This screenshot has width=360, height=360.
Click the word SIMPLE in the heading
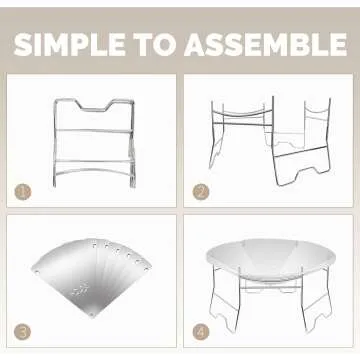(70, 45)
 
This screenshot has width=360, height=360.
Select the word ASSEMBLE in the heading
(266, 45)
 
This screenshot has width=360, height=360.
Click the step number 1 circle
(23, 192)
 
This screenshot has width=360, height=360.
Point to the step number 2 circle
(201, 192)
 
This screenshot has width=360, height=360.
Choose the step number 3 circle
(23, 332)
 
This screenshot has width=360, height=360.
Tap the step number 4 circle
(201, 332)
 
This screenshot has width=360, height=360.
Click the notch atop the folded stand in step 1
(94, 109)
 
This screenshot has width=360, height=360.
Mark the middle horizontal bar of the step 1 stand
(92, 130)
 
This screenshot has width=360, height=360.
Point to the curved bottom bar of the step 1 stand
(93, 171)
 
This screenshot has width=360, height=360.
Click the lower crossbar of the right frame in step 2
(301, 152)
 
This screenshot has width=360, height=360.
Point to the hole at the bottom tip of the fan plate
(92, 313)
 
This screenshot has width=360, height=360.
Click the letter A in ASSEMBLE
(198, 45)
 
